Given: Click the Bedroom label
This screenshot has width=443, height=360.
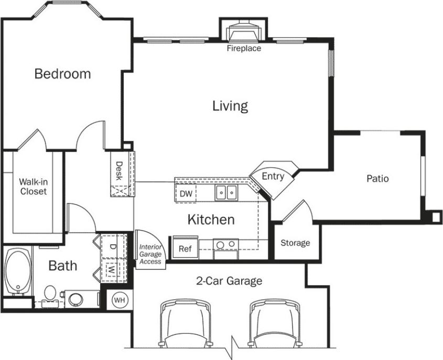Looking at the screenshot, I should [x=62, y=74].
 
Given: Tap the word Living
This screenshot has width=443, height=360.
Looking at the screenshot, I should [x=230, y=106].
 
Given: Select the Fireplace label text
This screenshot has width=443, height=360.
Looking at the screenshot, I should [x=244, y=49].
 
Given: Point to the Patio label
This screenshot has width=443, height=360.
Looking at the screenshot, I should [x=377, y=179].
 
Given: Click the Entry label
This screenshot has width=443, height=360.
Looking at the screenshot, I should [x=273, y=177].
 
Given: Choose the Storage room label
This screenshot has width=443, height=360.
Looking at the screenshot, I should [x=295, y=243].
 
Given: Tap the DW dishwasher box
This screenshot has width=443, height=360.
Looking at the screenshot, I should [x=186, y=194].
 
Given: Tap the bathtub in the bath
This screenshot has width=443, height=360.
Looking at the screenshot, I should [x=17, y=273].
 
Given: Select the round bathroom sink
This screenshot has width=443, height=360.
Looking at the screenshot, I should [x=75, y=299].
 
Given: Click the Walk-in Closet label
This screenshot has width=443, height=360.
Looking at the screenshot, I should [x=33, y=187].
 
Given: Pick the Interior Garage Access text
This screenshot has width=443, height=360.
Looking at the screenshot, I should [x=150, y=254].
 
